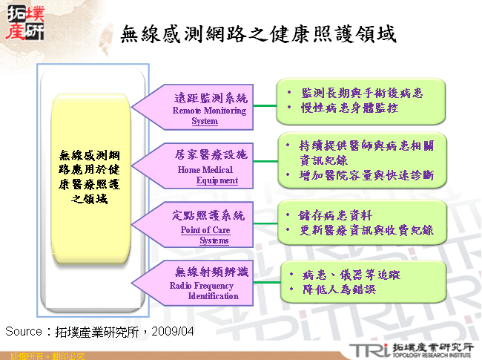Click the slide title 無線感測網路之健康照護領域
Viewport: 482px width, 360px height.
[x=258, y=33]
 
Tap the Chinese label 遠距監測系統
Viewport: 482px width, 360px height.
[x=211, y=98]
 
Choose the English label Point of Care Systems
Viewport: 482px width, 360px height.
[x=205, y=235]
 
